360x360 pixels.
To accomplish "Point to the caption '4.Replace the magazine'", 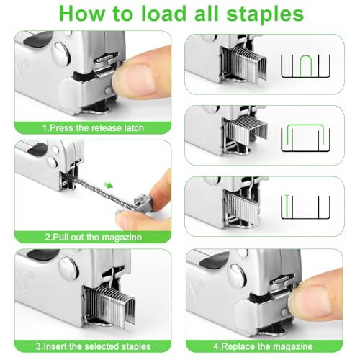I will pyautogui.click(x=272, y=346).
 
